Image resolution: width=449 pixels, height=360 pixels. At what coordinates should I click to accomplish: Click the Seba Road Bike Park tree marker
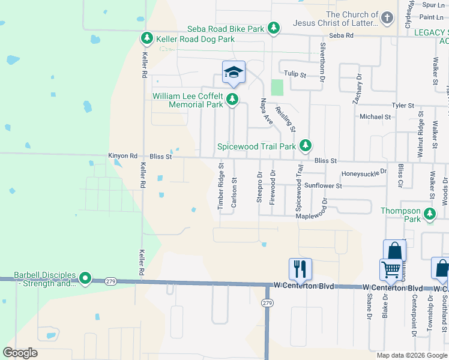tap(274, 28)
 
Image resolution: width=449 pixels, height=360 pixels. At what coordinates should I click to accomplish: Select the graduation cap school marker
tap(233, 73)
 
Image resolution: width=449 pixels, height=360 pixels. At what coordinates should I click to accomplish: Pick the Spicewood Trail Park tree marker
tap(306, 145)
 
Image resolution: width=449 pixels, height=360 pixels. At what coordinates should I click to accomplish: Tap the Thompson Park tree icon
tap(430, 214)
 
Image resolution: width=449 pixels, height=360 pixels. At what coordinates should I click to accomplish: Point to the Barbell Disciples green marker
tap(85, 278)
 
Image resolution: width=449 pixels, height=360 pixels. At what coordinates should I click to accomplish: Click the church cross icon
tap(387, 18)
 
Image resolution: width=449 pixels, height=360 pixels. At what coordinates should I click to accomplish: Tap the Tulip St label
tap(295, 74)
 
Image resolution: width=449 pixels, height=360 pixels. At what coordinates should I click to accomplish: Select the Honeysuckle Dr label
tap(364, 173)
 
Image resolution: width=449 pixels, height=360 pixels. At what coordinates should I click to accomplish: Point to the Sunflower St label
tap(323, 186)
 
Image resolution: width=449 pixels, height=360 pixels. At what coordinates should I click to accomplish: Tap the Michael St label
tap(375, 117)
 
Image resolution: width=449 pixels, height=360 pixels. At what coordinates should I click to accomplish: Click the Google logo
tap(20, 353)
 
